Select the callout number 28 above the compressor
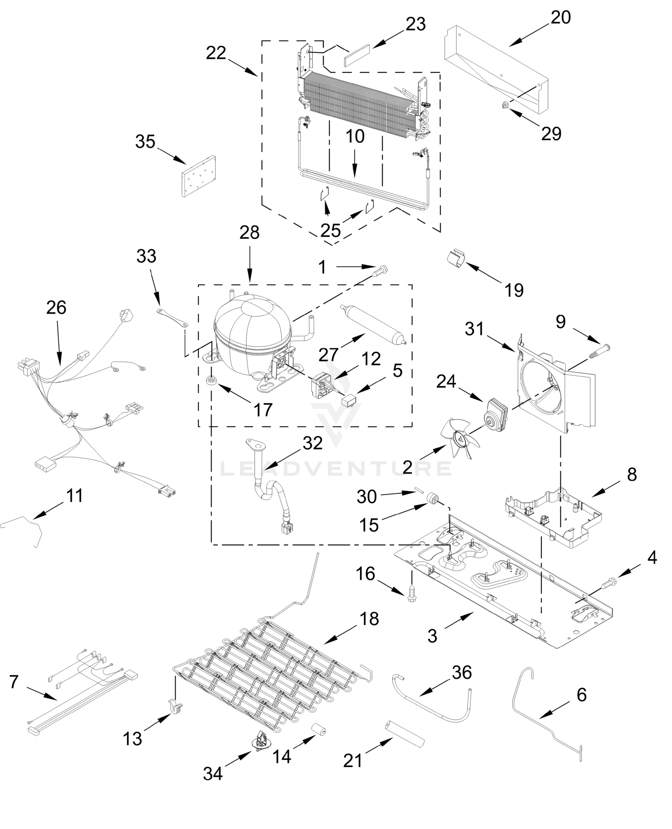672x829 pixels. coord(249,232)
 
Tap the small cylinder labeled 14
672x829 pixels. coord(319,729)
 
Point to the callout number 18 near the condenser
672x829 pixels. coord(369,618)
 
